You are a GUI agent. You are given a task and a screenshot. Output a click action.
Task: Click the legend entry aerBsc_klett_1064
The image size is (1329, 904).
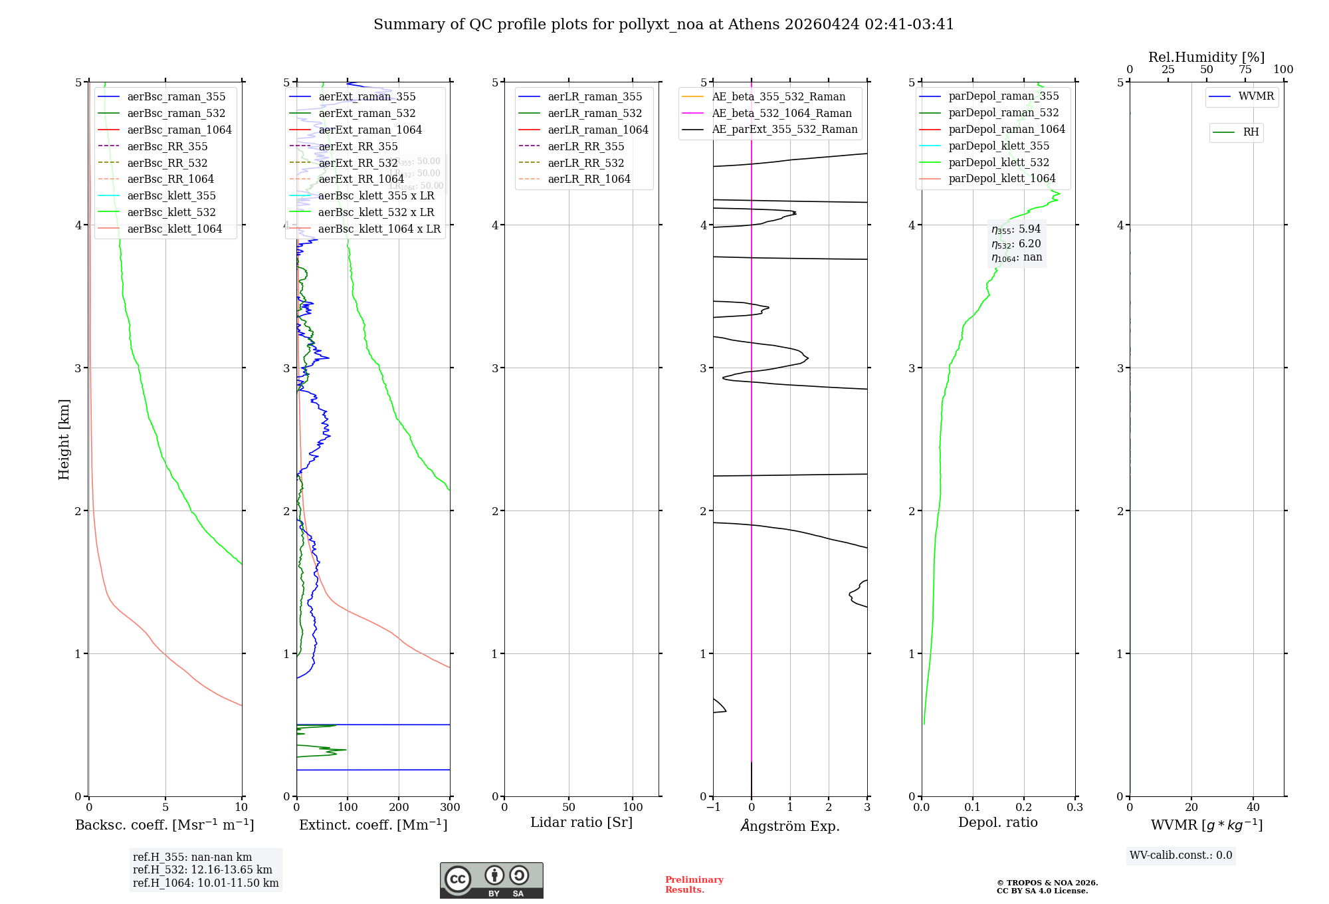174,229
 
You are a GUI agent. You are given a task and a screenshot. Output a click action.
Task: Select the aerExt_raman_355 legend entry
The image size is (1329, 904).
367,96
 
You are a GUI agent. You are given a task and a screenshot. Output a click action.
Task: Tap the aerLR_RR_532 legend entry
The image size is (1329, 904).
585,163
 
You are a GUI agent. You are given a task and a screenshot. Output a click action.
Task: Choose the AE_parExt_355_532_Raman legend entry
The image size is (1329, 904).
784,129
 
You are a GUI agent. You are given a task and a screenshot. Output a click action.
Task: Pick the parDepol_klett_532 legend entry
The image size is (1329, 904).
998,162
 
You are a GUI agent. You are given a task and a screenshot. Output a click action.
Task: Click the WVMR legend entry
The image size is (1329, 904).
1255,96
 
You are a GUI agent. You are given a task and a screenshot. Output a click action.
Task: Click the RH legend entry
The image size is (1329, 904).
1250,132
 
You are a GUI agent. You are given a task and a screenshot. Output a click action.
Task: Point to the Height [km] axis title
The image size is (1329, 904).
64,439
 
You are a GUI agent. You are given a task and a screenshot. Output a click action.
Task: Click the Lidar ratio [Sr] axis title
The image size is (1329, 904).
581,822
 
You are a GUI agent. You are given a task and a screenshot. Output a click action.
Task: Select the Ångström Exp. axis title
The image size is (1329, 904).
789,826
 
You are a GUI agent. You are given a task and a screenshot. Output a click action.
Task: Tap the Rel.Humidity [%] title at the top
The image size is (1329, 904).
1206,57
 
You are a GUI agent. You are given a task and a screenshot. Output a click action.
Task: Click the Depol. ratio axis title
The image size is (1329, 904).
997,822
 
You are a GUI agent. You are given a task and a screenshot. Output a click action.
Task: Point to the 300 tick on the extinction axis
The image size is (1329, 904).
450,807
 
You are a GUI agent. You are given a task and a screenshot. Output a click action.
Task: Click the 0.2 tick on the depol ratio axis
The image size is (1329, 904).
1024,807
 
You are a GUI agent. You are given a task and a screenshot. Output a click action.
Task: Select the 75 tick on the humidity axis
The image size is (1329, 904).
1245,70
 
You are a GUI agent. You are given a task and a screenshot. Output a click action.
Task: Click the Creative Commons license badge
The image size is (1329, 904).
491,880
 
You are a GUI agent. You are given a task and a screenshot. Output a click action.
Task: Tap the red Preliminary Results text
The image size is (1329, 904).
694,884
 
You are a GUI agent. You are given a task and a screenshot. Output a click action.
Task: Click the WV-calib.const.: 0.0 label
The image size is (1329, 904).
1181,855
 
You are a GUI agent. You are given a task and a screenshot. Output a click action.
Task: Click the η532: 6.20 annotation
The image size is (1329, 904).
1016,244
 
